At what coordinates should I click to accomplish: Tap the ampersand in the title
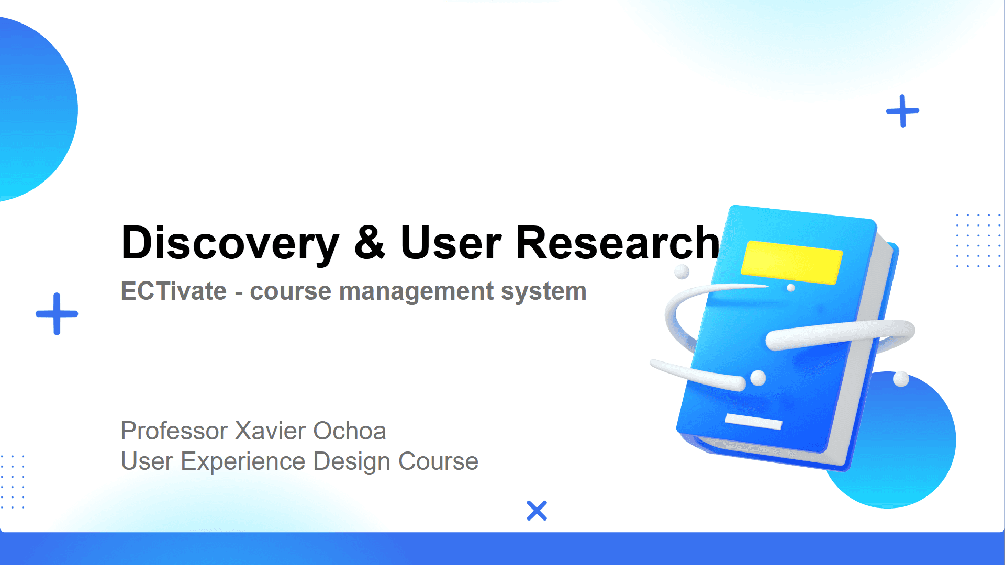(370, 242)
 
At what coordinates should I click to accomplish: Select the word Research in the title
(618, 242)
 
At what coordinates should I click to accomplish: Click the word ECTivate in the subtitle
(174, 291)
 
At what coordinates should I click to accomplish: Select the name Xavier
(270, 431)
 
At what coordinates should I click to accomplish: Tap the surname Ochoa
(350, 431)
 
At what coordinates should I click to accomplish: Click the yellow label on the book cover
(791, 263)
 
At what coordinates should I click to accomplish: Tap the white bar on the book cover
(754, 421)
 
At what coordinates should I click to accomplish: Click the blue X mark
(537, 511)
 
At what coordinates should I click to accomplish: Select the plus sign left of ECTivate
(57, 314)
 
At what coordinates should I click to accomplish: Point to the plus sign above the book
(902, 111)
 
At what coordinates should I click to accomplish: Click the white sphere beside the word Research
(682, 272)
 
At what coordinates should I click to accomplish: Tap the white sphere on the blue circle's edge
(901, 379)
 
